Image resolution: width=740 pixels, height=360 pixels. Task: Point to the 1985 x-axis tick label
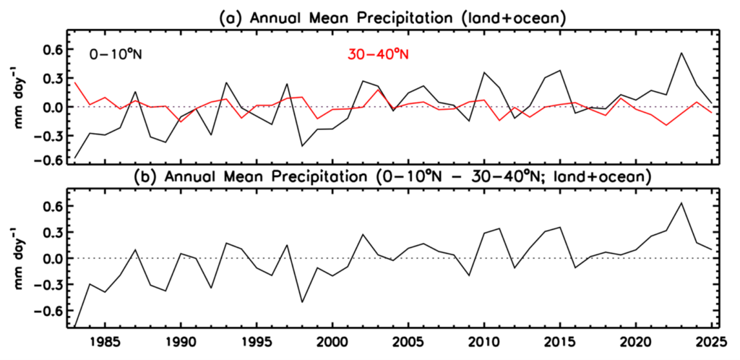click(105, 340)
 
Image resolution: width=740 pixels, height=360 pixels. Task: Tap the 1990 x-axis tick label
click(181, 340)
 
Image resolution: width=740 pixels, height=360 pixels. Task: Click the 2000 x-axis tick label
click(332, 340)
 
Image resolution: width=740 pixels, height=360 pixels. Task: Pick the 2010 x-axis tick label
click(484, 340)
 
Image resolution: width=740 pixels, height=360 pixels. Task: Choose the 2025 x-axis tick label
click(712, 340)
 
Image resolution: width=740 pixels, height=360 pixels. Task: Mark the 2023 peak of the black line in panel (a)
click(681, 53)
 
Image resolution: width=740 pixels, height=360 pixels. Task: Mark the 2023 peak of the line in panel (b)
click(681, 203)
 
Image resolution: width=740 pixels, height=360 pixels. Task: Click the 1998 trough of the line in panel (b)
click(302, 302)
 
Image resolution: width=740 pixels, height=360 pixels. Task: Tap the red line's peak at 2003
click(378, 90)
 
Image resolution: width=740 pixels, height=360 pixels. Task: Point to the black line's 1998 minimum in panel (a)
click(302, 146)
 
